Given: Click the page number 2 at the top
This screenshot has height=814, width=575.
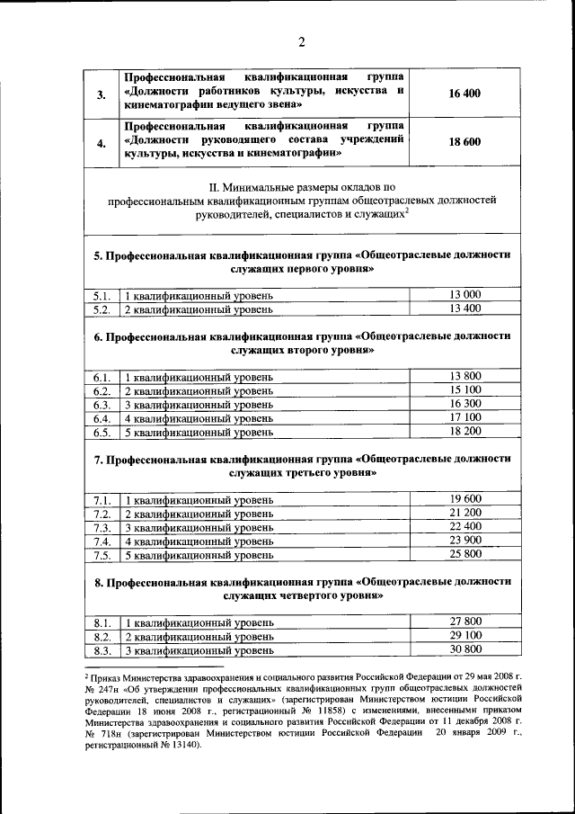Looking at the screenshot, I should pyautogui.click(x=302, y=42).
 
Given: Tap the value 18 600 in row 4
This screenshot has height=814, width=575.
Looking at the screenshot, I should pyautogui.click(x=465, y=142).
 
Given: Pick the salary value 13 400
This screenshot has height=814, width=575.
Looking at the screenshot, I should pyautogui.click(x=465, y=309).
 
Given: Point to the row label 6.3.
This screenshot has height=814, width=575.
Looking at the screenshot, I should pyautogui.click(x=102, y=405).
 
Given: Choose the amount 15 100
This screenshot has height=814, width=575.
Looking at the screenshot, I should pyautogui.click(x=465, y=390).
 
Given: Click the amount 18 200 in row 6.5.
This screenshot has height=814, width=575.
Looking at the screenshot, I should pyautogui.click(x=465, y=432).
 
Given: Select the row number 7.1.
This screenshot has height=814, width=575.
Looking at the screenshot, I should pyautogui.click(x=102, y=500).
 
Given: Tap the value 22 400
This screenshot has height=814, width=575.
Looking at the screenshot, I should pyautogui.click(x=465, y=527).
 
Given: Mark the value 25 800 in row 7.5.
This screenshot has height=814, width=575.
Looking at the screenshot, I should pyautogui.click(x=465, y=555).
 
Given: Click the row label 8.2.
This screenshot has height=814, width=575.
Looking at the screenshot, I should pyautogui.click(x=102, y=636).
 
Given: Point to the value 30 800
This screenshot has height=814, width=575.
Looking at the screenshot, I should pyautogui.click(x=465, y=649).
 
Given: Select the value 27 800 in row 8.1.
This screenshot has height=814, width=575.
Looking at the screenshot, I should pyautogui.click(x=465, y=622).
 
